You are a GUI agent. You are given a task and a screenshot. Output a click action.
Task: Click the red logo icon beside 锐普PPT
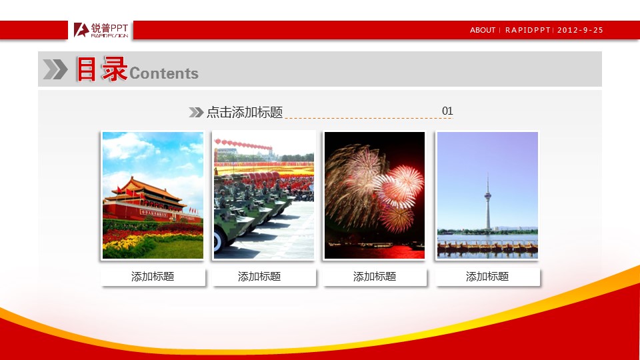pyautogui.click(x=81, y=30)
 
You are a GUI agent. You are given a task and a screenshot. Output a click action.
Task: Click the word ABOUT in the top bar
pyautogui.click(x=483, y=30)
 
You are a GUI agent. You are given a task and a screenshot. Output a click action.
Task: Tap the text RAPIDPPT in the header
pyautogui.click(x=528, y=30)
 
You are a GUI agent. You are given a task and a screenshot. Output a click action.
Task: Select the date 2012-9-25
pyautogui.click(x=580, y=30)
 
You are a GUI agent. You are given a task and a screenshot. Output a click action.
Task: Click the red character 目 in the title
pyautogui.click(x=86, y=69)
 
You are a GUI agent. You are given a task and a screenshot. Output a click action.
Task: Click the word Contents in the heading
pyautogui.click(x=164, y=73)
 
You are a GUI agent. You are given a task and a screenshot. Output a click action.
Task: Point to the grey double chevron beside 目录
pyautogui.click(x=55, y=69)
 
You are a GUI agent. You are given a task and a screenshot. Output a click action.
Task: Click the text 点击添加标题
pyautogui.click(x=245, y=112)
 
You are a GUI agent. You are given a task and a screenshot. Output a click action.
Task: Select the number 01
pyautogui.click(x=447, y=111)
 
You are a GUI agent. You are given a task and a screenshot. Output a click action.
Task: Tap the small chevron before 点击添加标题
pyautogui.click(x=196, y=112)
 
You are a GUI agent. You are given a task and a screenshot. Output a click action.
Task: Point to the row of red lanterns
pyautogui.click(x=243, y=144)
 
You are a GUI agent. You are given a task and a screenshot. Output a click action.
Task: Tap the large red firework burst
pyautogui.click(x=399, y=186)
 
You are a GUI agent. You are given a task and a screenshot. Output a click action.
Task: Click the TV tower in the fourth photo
pyautogui.click(x=488, y=201)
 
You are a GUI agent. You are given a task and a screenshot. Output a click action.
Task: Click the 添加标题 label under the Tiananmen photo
pyautogui.click(x=153, y=277)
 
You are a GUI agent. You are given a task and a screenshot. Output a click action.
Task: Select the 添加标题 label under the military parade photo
pyautogui.click(x=259, y=277)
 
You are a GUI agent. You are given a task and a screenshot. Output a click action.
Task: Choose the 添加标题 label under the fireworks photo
pyautogui.click(x=374, y=277)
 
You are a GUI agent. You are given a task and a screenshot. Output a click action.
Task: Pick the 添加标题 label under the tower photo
pyautogui.click(x=487, y=277)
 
